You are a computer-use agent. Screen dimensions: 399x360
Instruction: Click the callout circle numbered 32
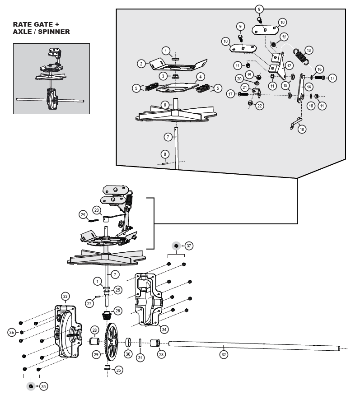[223, 354]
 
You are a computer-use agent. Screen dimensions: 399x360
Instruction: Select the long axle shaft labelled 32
[253, 346]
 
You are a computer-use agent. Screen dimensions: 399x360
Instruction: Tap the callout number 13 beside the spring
[309, 50]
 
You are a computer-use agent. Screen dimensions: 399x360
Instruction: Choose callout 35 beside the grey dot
[43, 386]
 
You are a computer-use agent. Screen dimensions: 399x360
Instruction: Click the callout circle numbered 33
[65, 296]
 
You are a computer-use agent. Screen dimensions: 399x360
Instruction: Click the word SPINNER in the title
[55, 32]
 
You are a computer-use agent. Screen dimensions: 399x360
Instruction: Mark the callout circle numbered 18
[302, 129]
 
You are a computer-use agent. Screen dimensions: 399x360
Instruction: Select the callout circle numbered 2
[141, 64]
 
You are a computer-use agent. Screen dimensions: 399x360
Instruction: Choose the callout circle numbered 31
[140, 357]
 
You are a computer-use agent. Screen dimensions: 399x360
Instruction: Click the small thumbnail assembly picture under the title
[51, 78]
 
